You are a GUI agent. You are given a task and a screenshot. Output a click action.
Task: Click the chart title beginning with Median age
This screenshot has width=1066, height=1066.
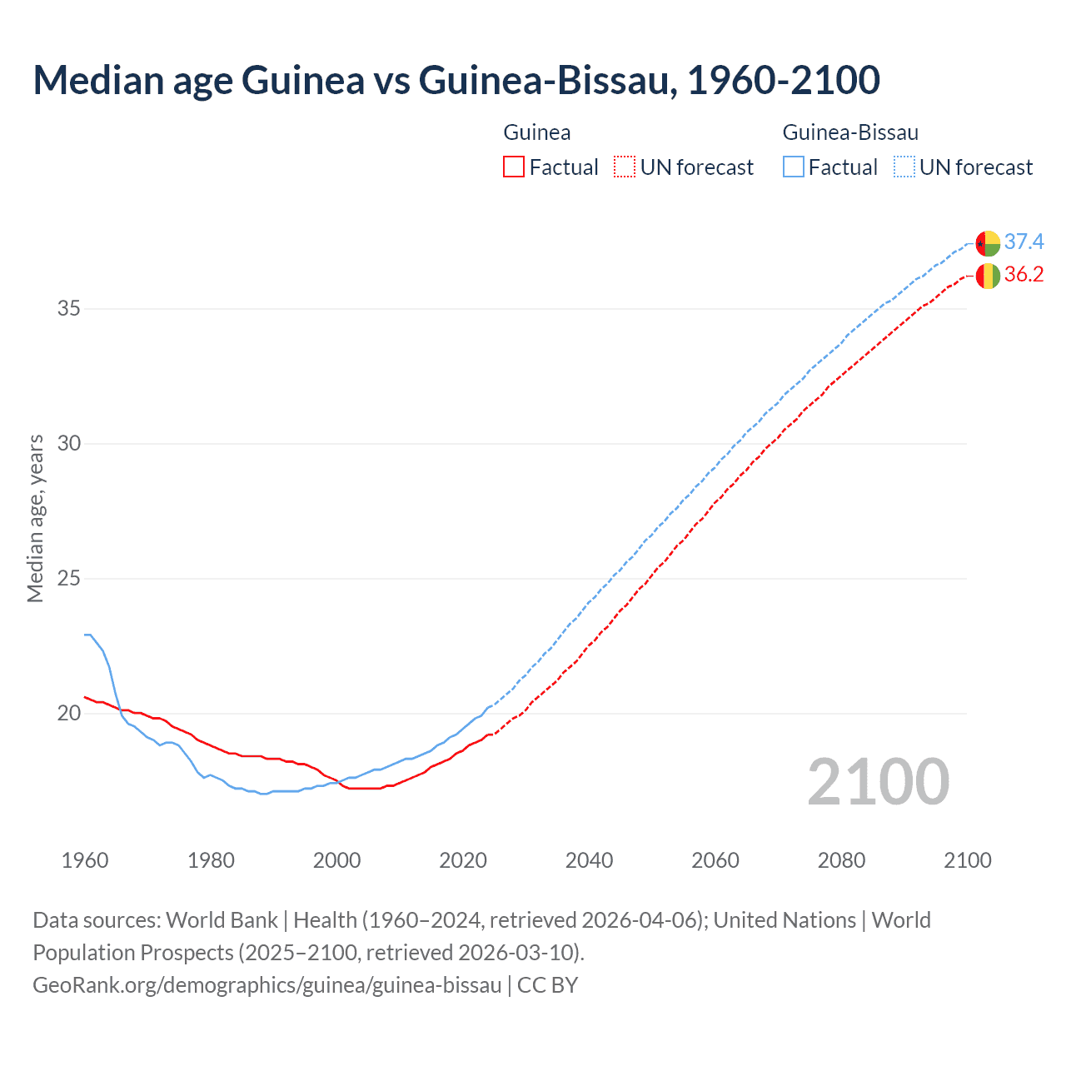456,81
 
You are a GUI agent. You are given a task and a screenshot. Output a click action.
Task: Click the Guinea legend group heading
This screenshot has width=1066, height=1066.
537,132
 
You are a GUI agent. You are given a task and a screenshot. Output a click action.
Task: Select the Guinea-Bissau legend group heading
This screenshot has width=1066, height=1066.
850,132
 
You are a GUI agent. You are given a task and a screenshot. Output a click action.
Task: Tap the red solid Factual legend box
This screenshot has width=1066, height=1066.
514,167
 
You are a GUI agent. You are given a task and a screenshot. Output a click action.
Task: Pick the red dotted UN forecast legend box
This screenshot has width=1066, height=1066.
625,167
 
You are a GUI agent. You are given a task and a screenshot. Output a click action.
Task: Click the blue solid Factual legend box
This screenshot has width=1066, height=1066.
794,167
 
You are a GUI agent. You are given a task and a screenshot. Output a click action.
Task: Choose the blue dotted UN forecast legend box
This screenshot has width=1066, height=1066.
904,167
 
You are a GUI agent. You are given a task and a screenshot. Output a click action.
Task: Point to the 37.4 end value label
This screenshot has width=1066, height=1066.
1024,242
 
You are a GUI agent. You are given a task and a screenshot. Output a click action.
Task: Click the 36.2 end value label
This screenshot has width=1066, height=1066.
1024,275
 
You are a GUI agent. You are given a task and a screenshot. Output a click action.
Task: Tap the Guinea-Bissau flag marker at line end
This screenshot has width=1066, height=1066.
988,243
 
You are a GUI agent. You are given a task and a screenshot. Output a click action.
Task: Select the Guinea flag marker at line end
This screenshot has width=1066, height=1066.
988,276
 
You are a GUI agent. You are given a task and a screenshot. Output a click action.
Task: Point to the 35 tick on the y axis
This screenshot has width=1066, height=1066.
69,309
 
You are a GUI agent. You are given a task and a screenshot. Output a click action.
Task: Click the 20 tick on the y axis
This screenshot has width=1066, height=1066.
69,714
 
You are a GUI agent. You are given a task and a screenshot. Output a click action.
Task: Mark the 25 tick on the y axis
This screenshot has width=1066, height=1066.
69,579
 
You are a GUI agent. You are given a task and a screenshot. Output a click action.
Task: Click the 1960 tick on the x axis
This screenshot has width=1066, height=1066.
85,860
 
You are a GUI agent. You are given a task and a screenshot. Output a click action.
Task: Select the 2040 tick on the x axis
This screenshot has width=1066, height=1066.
589,860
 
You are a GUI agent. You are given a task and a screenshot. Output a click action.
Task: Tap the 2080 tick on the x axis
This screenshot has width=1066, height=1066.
841,860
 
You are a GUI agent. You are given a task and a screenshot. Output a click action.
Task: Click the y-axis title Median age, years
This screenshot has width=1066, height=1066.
35,518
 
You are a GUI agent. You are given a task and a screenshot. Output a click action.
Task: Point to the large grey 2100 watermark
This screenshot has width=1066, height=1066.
878,781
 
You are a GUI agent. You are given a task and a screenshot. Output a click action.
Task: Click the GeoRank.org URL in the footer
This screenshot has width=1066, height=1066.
266,985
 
